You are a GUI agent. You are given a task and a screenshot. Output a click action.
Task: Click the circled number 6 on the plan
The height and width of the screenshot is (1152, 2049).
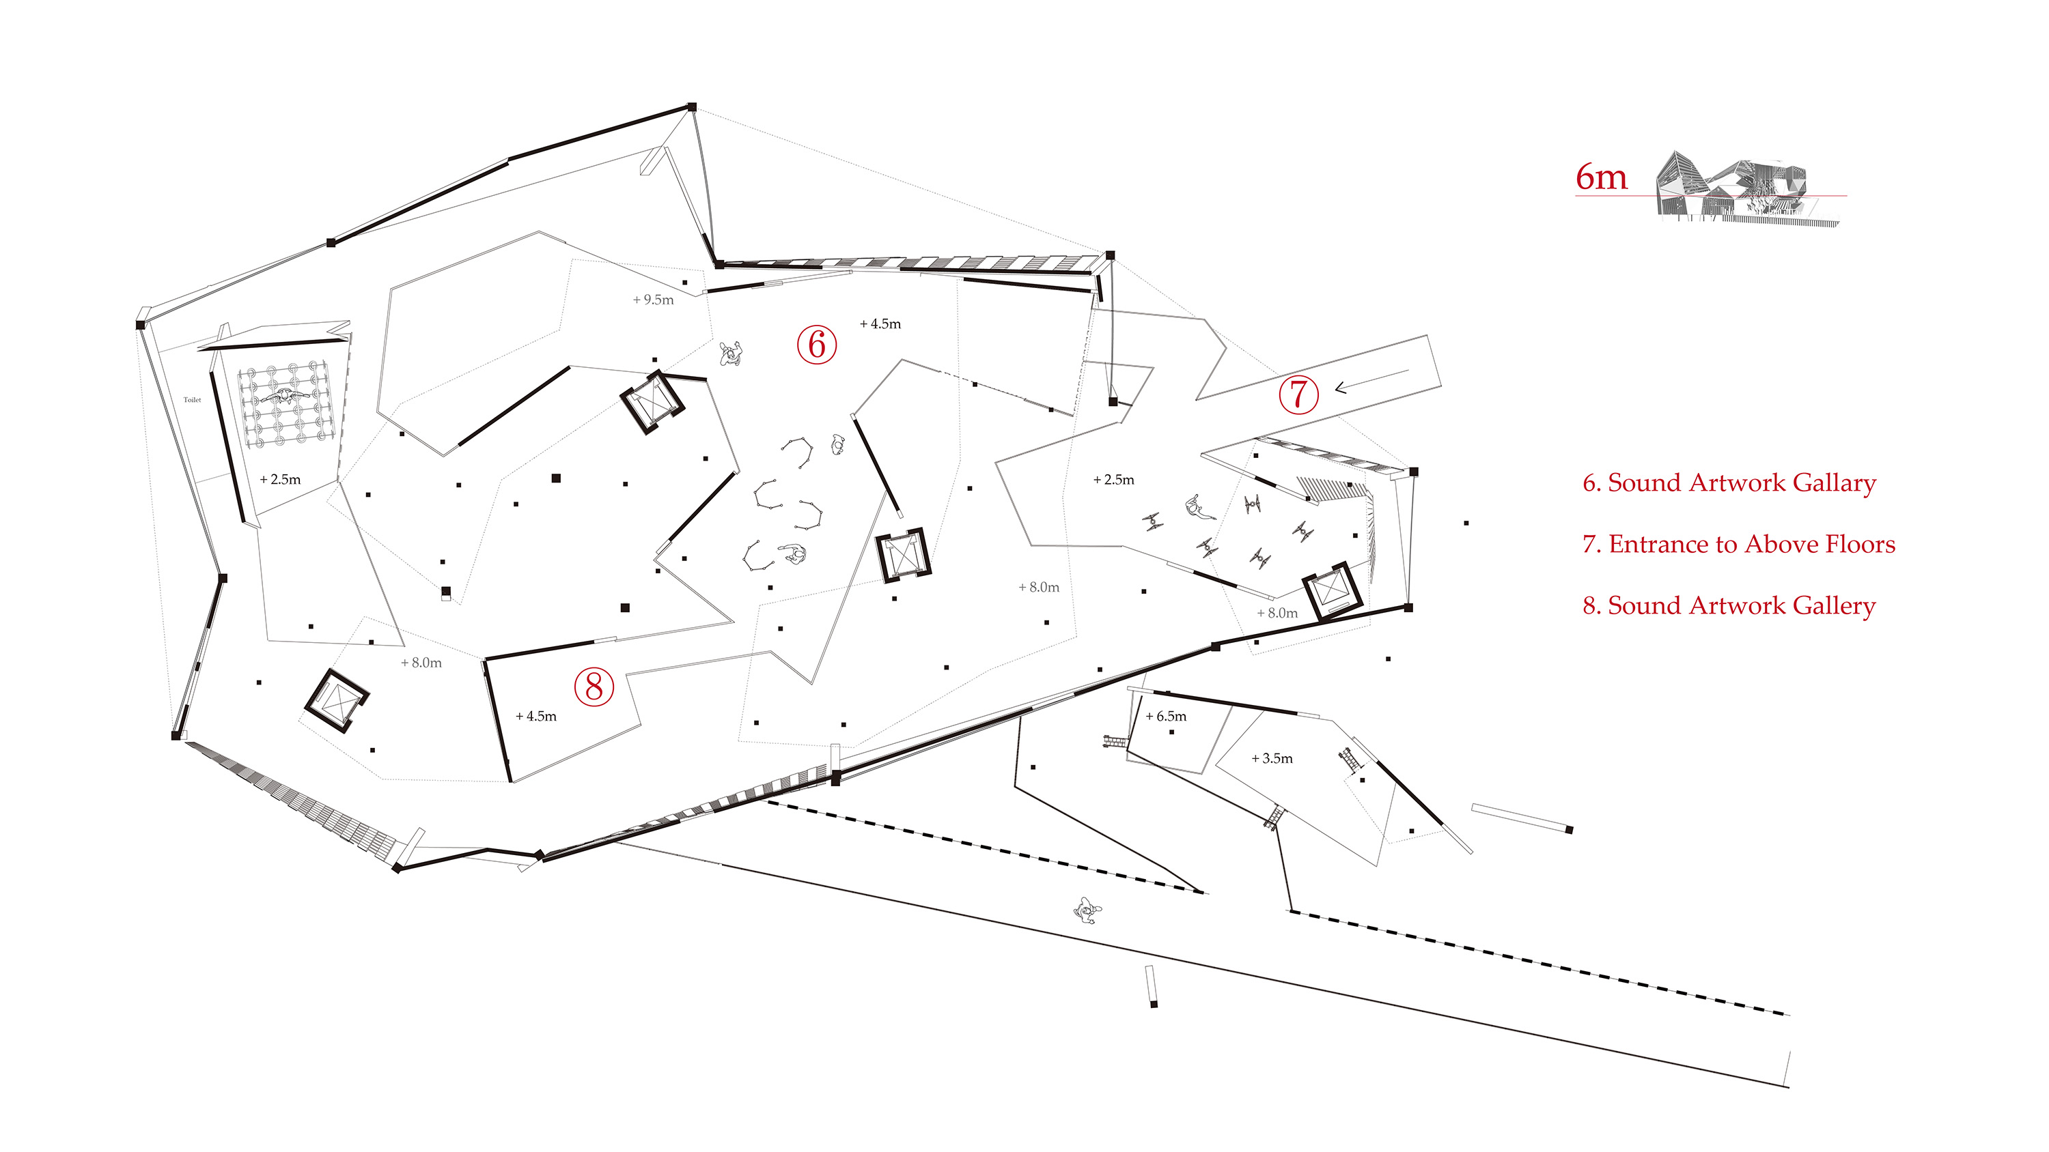click(x=816, y=345)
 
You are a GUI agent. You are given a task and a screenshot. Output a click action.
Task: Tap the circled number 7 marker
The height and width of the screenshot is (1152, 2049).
click(x=1298, y=394)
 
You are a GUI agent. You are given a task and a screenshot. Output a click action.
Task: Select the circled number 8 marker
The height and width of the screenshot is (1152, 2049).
click(x=594, y=685)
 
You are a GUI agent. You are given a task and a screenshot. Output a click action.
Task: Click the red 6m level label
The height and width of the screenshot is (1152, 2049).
click(x=1600, y=177)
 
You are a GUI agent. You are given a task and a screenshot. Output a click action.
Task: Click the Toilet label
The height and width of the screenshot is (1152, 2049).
click(x=193, y=400)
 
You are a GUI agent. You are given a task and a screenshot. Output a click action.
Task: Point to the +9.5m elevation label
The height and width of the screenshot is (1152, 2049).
click(x=653, y=300)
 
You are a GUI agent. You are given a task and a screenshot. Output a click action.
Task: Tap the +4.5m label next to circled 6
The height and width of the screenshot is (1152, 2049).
click(x=880, y=323)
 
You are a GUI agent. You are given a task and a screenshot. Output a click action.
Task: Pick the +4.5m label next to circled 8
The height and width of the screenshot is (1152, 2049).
click(x=536, y=717)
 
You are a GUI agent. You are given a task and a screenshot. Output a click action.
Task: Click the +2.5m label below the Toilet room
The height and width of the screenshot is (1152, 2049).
click(x=280, y=479)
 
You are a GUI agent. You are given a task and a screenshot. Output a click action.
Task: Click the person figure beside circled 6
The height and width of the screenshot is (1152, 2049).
click(x=730, y=352)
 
